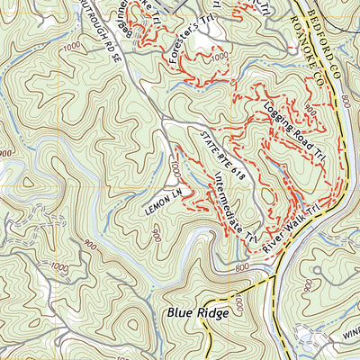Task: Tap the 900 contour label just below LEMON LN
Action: [x=155, y=236]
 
